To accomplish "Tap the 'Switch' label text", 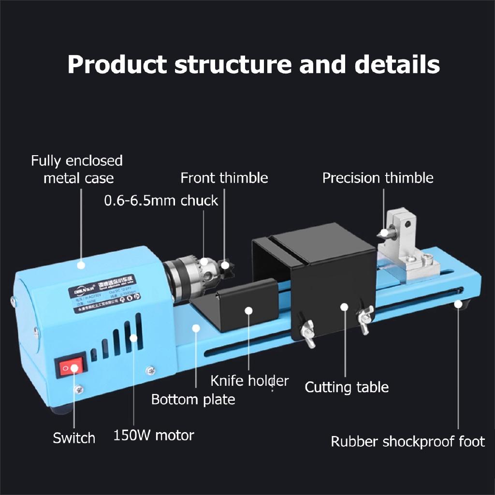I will tap(74, 438).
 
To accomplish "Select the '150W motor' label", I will tap(153, 435).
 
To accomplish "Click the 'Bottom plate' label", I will tap(193, 399).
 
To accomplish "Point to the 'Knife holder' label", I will tap(249, 381).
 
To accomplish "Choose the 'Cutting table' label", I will tap(347, 387).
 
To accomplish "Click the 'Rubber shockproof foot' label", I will tap(408, 441).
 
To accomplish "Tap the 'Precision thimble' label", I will tap(378, 178).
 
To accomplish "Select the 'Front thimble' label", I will tap(224, 178).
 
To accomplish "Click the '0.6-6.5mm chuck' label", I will tap(161, 201).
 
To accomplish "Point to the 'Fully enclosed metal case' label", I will tap(77, 169).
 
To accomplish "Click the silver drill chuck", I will tap(186, 276).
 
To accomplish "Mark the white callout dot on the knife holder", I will tap(248, 309).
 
